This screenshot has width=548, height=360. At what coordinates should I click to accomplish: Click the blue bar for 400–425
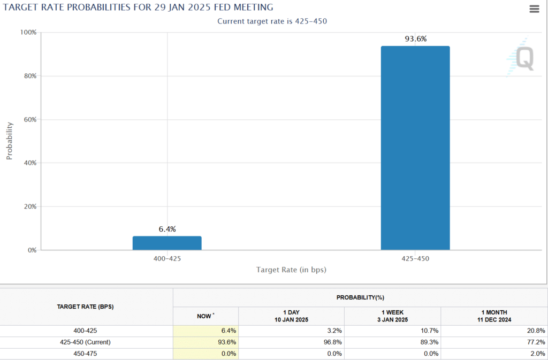click(x=167, y=243)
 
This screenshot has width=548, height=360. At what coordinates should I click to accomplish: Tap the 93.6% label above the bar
click(x=415, y=39)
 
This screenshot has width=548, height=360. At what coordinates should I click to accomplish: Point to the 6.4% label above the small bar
click(x=167, y=229)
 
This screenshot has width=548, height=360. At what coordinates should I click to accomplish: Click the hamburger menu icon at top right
click(x=534, y=9)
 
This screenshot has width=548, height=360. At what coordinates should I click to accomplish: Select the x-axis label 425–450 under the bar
click(x=415, y=258)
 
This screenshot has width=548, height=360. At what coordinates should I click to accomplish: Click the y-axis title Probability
click(x=9, y=141)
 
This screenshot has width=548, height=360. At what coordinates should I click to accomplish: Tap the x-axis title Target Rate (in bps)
click(x=291, y=270)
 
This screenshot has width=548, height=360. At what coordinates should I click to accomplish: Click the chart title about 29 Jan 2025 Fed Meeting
click(x=138, y=7)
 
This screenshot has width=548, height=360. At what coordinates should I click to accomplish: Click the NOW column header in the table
click(x=205, y=316)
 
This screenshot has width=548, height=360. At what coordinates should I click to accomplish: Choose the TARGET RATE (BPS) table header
click(x=86, y=307)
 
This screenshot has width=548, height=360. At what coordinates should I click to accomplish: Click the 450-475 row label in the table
click(x=86, y=354)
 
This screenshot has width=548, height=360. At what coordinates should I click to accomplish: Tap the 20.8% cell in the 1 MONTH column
click(x=535, y=331)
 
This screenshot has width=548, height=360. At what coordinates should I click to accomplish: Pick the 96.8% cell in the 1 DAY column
click(x=332, y=342)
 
